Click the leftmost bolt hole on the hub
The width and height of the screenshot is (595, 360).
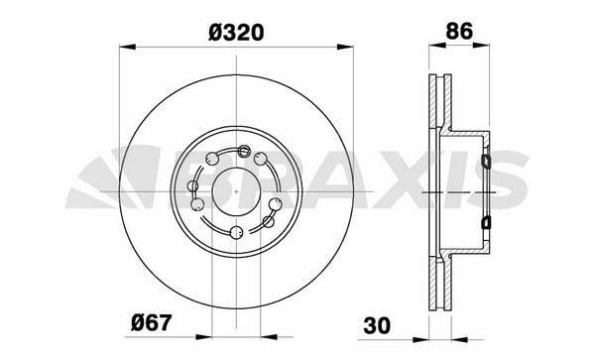[x=196, y=203]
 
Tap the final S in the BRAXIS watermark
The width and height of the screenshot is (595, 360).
[x=516, y=179]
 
